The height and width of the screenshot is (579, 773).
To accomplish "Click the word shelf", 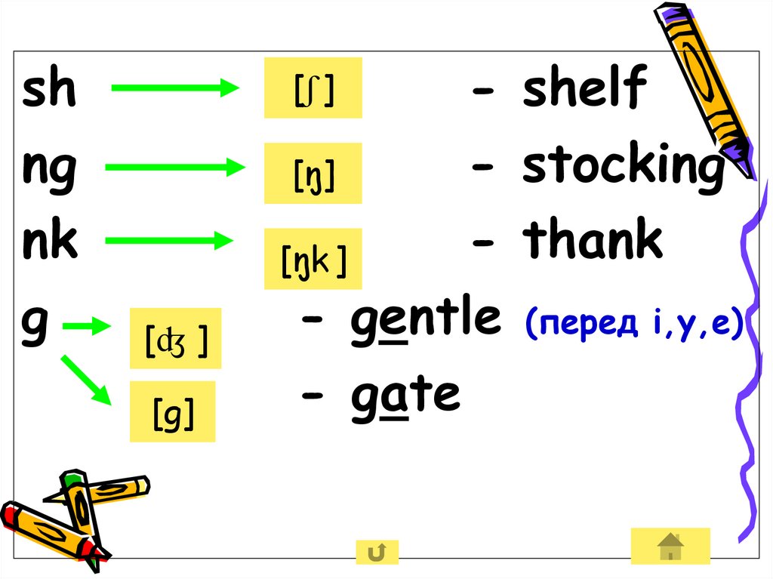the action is click(x=584, y=88).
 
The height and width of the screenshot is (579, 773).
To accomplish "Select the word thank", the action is click(x=593, y=241).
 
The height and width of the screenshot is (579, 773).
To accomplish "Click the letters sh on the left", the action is click(x=49, y=90).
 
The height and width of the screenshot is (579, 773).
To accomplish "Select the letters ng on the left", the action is click(x=49, y=169).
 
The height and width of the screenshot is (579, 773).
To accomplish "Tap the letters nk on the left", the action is click(x=50, y=242).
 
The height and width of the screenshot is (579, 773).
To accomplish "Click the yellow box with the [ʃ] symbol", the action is click(x=313, y=88).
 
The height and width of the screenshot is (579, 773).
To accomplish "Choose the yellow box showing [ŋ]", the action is click(x=313, y=174).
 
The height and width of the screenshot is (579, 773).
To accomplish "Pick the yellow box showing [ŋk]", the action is click(x=313, y=259).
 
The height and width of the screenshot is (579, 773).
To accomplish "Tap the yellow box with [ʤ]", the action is click(x=175, y=338).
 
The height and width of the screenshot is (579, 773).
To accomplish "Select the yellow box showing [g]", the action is click(x=173, y=411).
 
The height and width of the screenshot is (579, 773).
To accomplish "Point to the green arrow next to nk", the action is click(x=168, y=242).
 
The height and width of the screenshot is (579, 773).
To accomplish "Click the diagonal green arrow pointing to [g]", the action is click(x=85, y=380).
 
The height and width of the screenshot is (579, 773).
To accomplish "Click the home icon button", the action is click(x=670, y=546).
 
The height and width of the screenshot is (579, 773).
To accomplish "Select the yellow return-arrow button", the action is click(x=377, y=553).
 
